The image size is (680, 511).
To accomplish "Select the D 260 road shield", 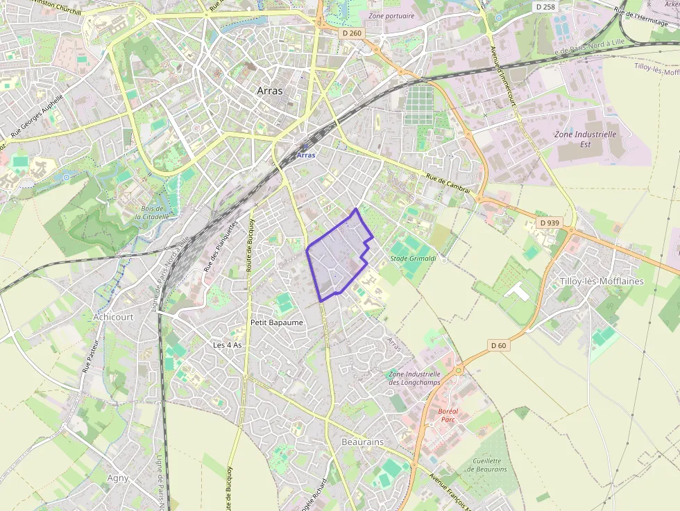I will click(352, 33).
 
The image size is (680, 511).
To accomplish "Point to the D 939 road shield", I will click(550, 223).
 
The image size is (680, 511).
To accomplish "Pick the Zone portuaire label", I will click(391, 15).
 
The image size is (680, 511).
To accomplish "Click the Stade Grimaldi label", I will click(413, 259).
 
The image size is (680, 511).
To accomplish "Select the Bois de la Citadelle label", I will click(151, 212).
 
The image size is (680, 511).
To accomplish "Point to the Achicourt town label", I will click(112, 317).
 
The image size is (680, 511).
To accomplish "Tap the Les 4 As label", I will click(228, 345).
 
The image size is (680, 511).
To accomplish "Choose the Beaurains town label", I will click(362, 442).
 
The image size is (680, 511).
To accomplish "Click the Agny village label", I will click(118, 478).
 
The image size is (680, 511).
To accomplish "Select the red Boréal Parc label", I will click(448, 415).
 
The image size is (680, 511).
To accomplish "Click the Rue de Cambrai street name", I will click(448, 183).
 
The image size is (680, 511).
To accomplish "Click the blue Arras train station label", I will click(305, 155).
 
